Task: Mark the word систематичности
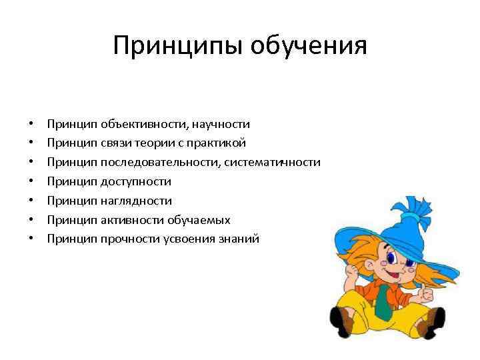(273, 162)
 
